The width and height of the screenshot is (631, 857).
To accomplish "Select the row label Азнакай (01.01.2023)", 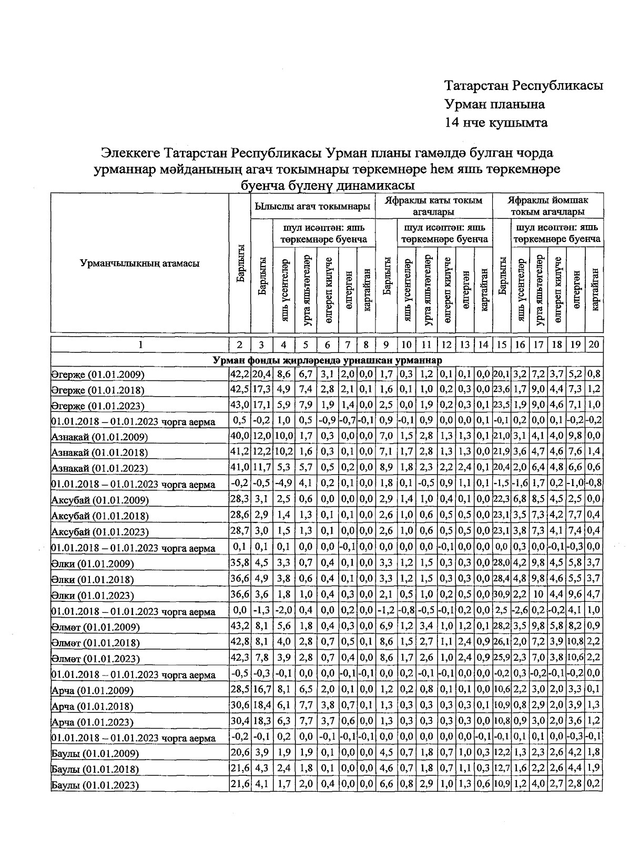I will coord(99,468).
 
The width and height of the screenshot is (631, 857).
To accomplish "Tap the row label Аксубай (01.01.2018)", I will coord(100,516).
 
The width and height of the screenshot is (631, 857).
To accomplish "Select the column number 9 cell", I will coord(386,345).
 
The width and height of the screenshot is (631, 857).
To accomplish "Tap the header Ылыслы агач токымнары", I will coord(312,207).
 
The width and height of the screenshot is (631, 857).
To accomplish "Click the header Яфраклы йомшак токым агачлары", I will coord(548,206).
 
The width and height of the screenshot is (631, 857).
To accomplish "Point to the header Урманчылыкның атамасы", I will coord(139,264).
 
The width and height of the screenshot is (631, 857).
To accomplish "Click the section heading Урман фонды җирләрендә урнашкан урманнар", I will coord(327,360).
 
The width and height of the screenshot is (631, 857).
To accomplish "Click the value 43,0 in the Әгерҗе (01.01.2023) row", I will coord(240,405).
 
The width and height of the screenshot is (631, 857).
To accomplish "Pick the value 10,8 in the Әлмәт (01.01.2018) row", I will coord(577,643).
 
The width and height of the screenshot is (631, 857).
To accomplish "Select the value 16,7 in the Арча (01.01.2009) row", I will coord(261,690).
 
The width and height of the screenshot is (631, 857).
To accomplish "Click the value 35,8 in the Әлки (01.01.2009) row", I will coord(240,563).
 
